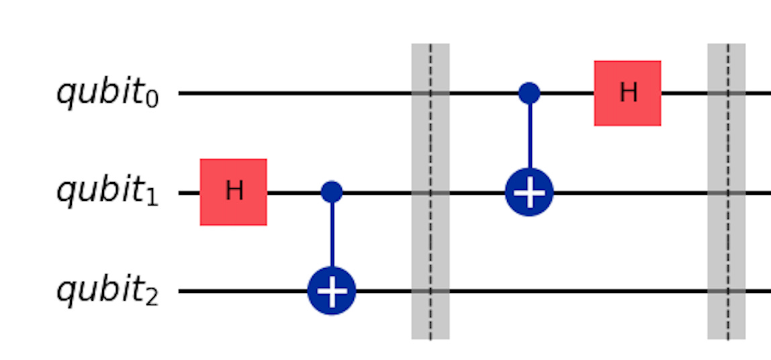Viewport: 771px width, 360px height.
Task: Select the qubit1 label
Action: point(107,193)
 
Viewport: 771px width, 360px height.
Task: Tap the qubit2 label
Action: point(107,291)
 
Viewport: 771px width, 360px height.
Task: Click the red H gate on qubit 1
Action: point(233,192)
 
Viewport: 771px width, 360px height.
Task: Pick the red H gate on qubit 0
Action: point(627,93)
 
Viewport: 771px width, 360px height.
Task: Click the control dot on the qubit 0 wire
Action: point(529,93)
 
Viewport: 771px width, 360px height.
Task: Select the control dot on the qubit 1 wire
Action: point(331,193)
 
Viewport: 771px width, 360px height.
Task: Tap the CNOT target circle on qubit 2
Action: point(331,291)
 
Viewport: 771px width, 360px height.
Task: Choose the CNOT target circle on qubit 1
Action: point(529,193)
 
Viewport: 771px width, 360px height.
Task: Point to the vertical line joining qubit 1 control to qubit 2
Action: point(331,235)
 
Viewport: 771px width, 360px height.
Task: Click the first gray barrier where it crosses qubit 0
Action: point(430,93)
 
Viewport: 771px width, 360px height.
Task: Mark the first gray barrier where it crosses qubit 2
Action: point(430,291)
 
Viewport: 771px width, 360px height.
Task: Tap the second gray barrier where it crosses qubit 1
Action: point(727,193)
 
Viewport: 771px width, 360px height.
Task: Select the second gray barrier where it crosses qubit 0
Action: point(727,93)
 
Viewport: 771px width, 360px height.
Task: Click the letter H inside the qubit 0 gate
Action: point(627,93)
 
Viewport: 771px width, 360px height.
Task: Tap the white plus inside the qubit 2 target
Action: point(331,291)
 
